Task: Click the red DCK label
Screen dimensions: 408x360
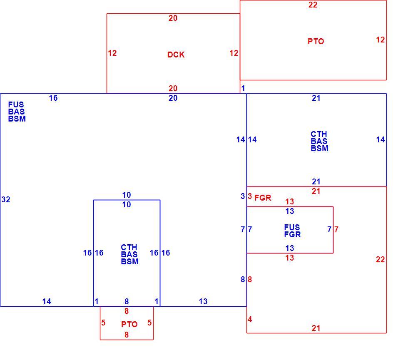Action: tap(176, 55)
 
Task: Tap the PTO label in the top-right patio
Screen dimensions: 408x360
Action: tap(316, 41)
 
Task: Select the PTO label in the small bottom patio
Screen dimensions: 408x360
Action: tap(129, 324)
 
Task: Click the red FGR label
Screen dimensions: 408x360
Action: tap(263, 198)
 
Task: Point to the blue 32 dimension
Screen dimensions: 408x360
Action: tap(6, 199)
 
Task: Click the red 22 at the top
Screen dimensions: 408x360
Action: tap(313, 5)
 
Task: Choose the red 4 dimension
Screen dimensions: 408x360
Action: tap(250, 319)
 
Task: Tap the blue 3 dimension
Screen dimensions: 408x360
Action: tap(242, 196)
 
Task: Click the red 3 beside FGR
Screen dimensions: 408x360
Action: tap(250, 196)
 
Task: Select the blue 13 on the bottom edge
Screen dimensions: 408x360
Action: tap(203, 301)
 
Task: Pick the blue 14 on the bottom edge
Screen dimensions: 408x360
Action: tap(47, 301)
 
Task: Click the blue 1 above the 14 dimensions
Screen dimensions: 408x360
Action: tap(243, 88)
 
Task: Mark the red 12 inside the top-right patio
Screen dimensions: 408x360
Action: tap(381, 40)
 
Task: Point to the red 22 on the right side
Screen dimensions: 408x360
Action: tap(381, 259)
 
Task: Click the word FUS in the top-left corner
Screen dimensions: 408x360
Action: tap(16, 104)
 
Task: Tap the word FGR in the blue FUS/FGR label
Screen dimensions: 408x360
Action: tap(292, 234)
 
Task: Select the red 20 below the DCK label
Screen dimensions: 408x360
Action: tap(173, 88)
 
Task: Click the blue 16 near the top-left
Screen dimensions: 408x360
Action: tap(53, 98)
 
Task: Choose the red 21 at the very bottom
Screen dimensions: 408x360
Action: tap(316, 328)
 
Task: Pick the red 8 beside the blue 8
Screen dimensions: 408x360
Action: tap(250, 279)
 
